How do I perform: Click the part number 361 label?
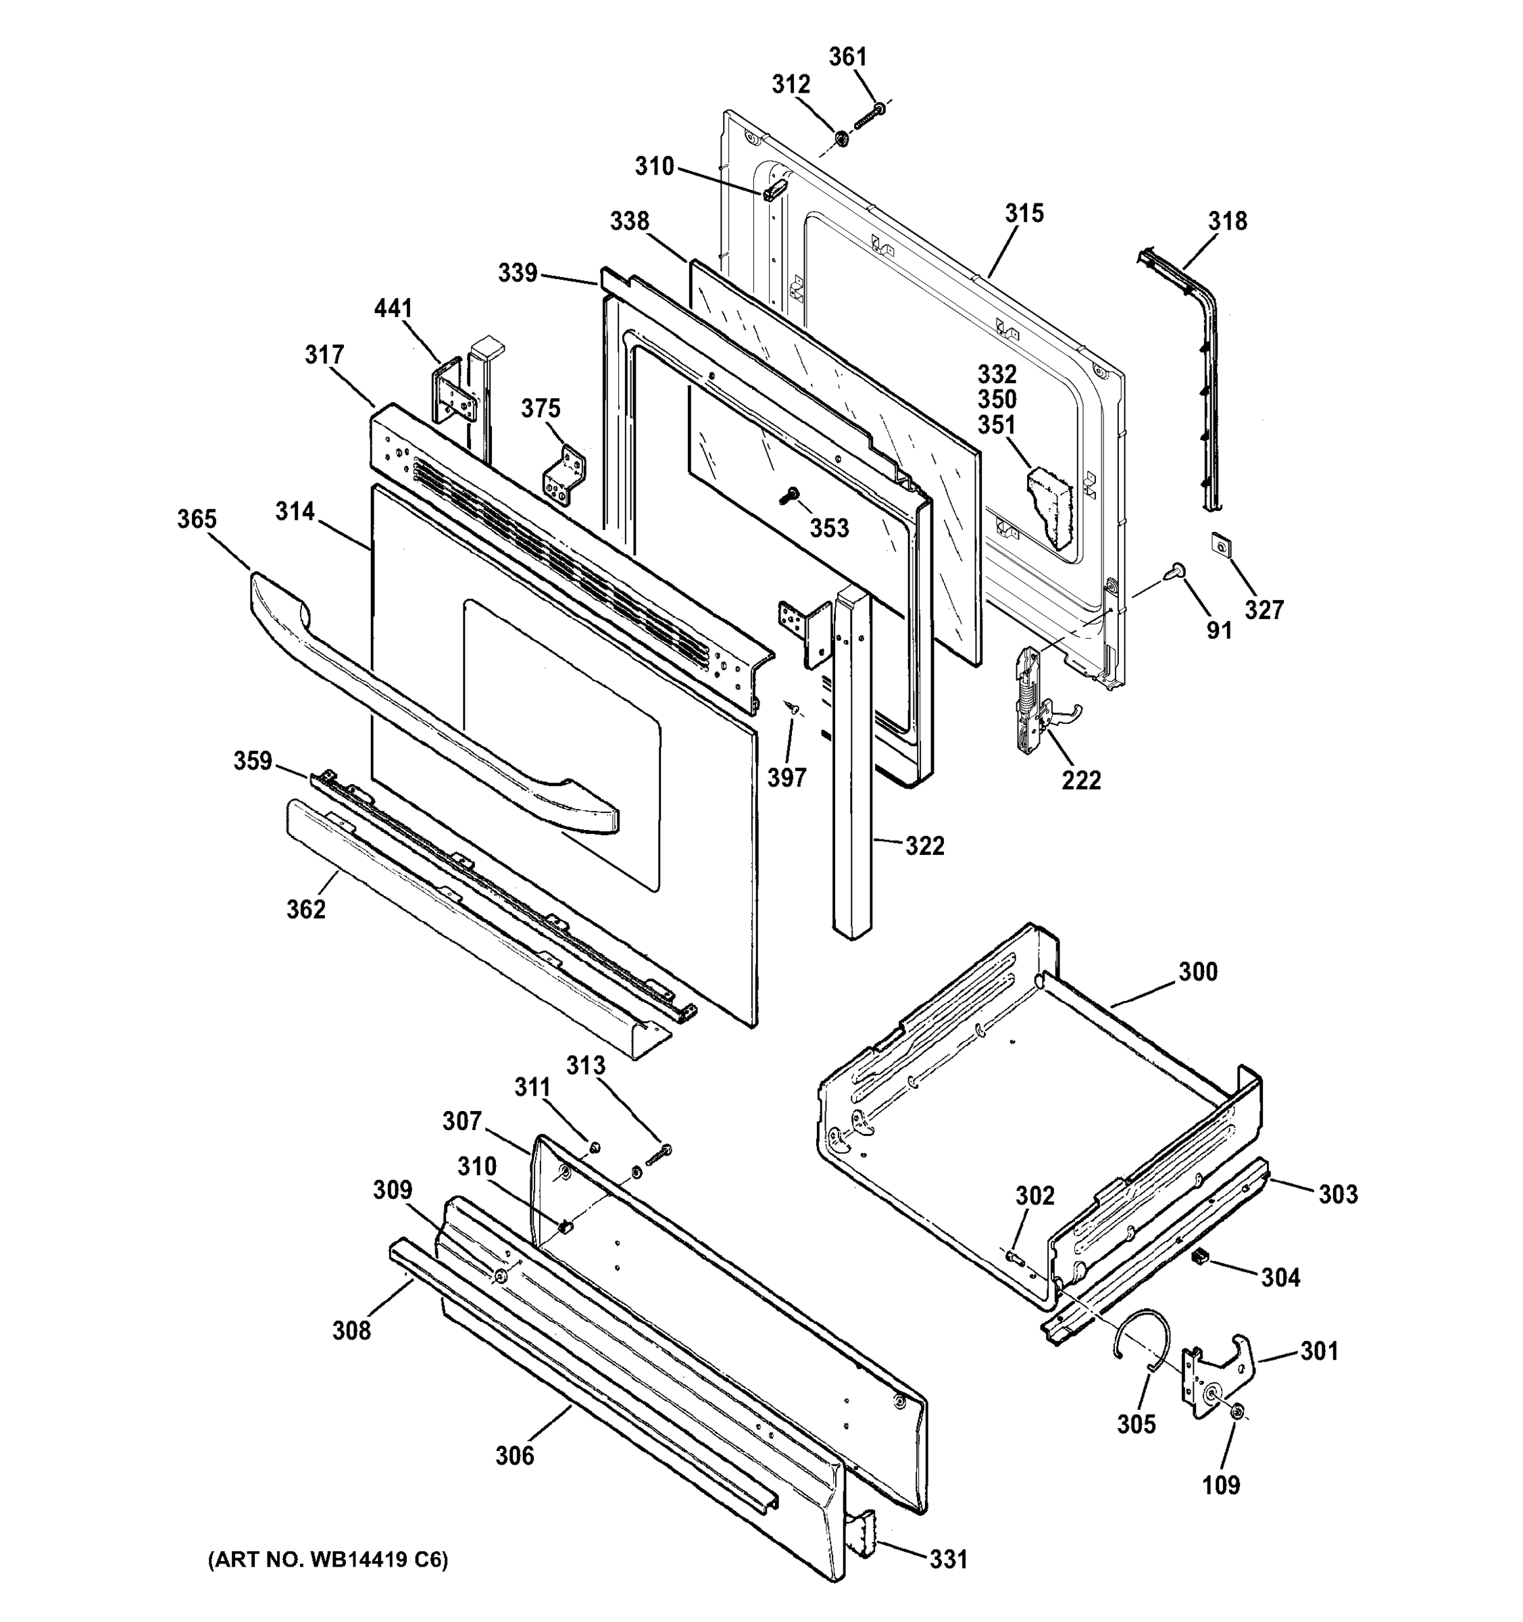pos(847,57)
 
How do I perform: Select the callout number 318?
pos(1228,221)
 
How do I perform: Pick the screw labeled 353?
pos(790,495)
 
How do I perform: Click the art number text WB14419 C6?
pos(328,1560)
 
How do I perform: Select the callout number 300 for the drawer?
pos(1197,972)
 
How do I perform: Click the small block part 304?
pos(1199,1256)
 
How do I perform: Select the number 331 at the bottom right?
pos(949,1559)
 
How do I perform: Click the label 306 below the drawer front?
pos(515,1456)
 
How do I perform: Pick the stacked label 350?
pos(997,400)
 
